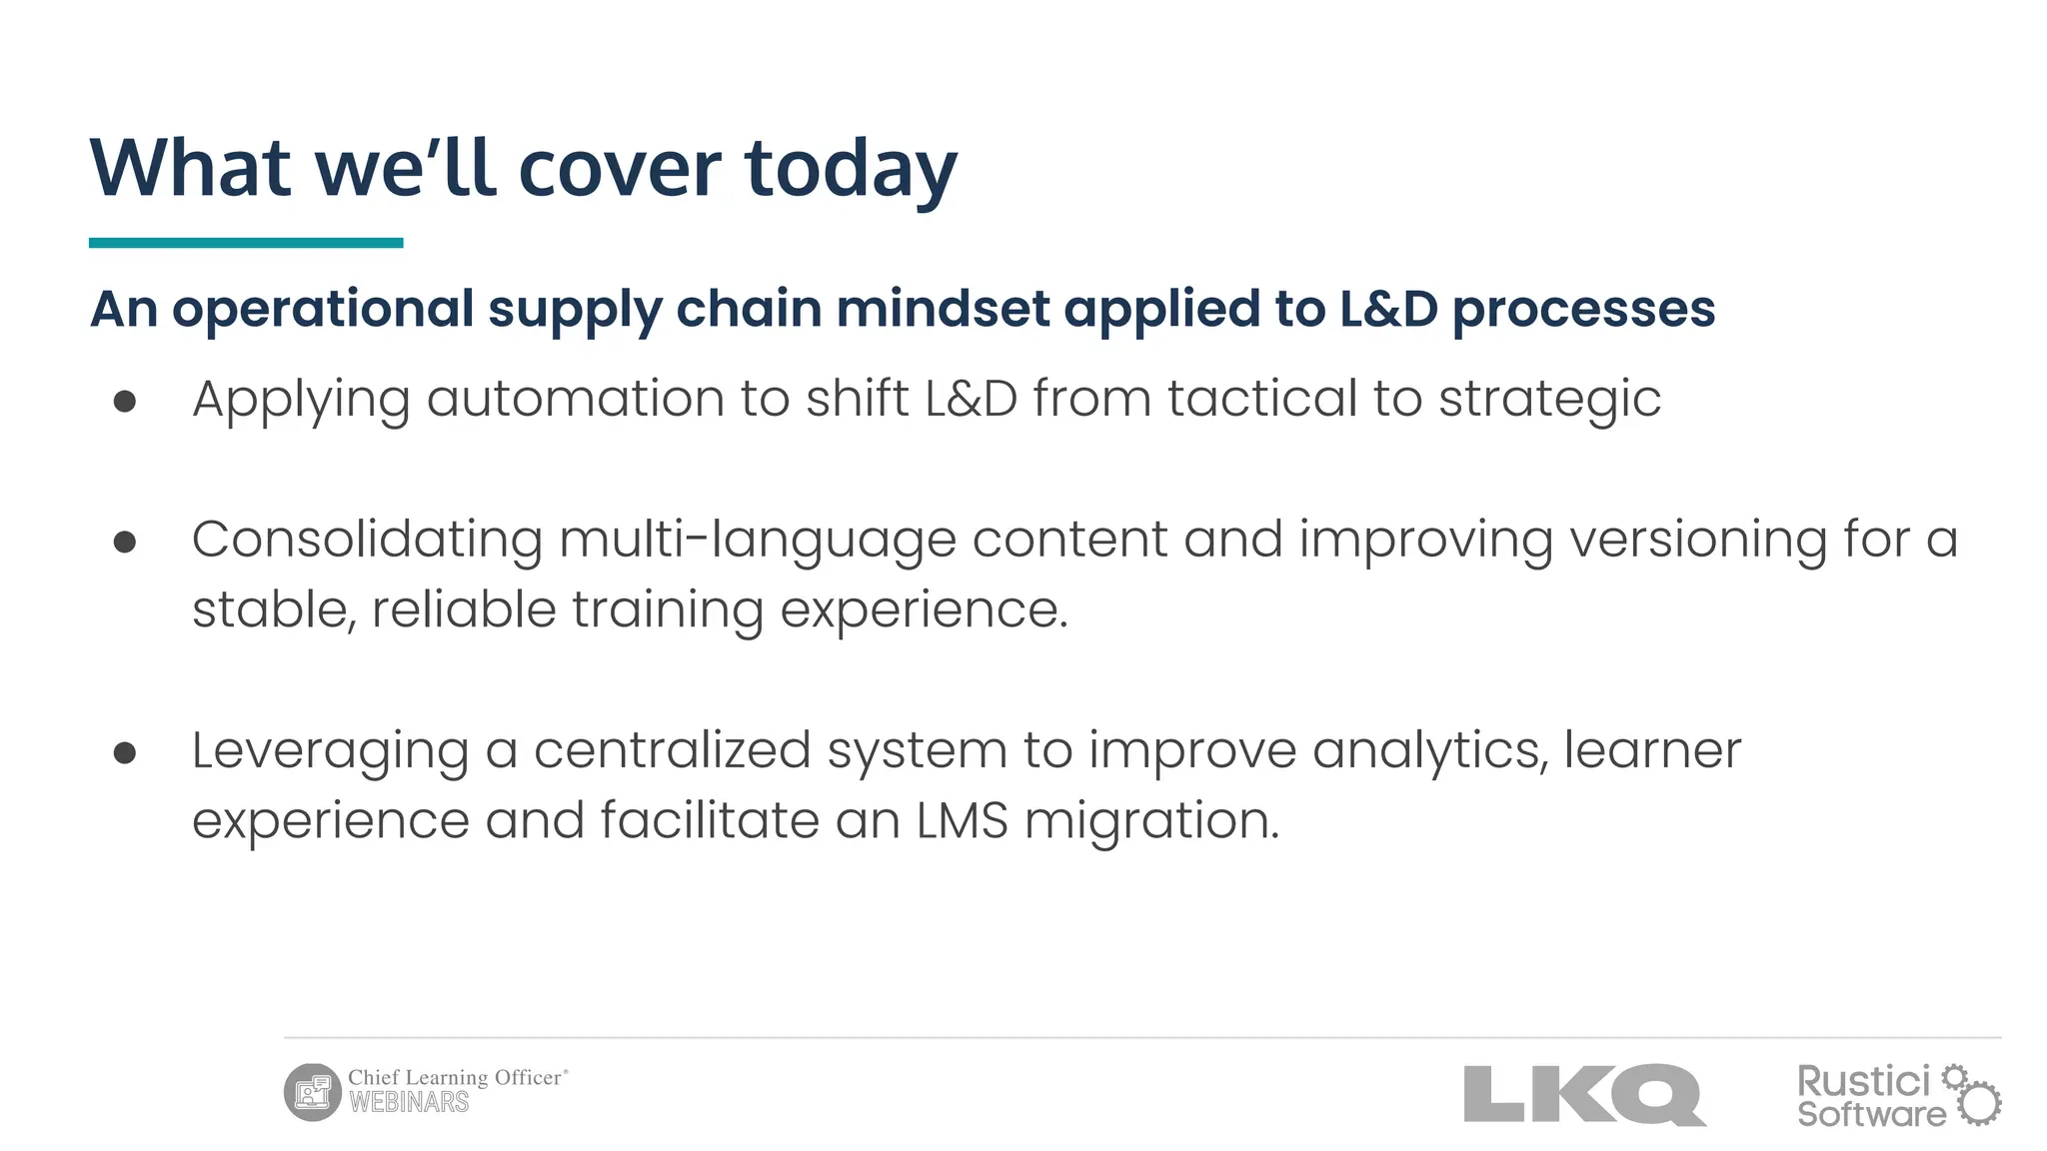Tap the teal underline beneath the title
pyautogui.click(x=246, y=243)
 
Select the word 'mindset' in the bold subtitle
pyautogui.click(x=943, y=309)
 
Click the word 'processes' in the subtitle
pyautogui.click(x=1583, y=309)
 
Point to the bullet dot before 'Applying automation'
pyautogui.click(x=125, y=402)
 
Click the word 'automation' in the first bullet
pyautogui.click(x=575, y=399)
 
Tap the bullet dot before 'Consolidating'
pyautogui.click(x=125, y=542)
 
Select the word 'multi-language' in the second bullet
pyautogui.click(x=757, y=541)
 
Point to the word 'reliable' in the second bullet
pyautogui.click(x=463, y=609)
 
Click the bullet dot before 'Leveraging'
pyautogui.click(x=125, y=752)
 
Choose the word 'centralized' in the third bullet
pyautogui.click(x=672, y=750)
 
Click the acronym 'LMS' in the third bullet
pyautogui.click(x=962, y=821)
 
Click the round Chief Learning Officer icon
pyautogui.click(x=313, y=1092)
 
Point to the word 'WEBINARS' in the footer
pyautogui.click(x=409, y=1103)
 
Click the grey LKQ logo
pyautogui.click(x=1584, y=1094)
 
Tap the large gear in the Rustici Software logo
pyautogui.click(x=1979, y=1104)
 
